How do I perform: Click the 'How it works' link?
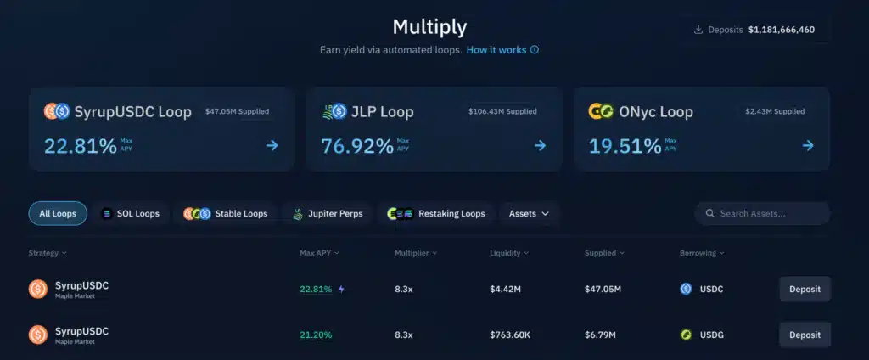[496, 50]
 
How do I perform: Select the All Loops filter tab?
[58, 213]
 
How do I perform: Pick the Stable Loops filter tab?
[226, 213]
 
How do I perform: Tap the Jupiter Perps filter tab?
[328, 213]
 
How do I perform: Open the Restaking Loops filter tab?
[436, 213]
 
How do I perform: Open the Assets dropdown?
[529, 213]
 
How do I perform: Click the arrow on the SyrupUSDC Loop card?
[272, 145]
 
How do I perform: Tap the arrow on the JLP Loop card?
[540, 145]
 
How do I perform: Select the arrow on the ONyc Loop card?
[807, 145]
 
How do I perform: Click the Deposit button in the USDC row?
[805, 289]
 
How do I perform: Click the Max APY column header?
[319, 253]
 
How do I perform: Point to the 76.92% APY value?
[357, 145]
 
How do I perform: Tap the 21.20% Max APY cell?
[316, 335]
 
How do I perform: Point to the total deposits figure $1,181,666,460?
[781, 30]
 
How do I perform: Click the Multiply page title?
[429, 26]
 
